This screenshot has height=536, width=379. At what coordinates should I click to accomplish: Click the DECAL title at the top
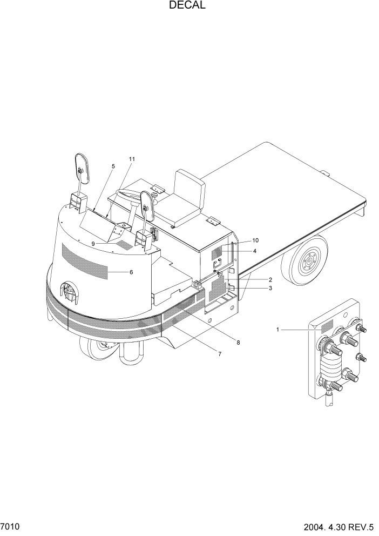pyautogui.click(x=187, y=6)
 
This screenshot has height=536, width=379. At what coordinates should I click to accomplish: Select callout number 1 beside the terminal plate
pyautogui.click(x=278, y=329)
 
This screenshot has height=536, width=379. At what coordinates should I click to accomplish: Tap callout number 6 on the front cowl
pyautogui.click(x=131, y=272)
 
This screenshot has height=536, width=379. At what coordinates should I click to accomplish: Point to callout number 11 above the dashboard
pyautogui.click(x=132, y=159)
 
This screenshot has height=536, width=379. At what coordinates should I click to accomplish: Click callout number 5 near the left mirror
pyautogui.click(x=113, y=166)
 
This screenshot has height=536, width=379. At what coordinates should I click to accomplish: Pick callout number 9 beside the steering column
pyautogui.click(x=93, y=244)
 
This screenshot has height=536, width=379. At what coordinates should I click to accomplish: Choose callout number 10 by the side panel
pyautogui.click(x=255, y=240)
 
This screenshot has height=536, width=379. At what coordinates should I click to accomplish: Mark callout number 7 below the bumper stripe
pyautogui.click(x=220, y=354)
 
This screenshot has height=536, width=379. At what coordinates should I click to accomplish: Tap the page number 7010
pyautogui.click(x=10, y=526)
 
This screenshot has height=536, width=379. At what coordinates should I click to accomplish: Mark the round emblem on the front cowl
pyautogui.click(x=69, y=292)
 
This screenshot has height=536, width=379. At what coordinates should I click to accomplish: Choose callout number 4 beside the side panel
pyautogui.click(x=255, y=251)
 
